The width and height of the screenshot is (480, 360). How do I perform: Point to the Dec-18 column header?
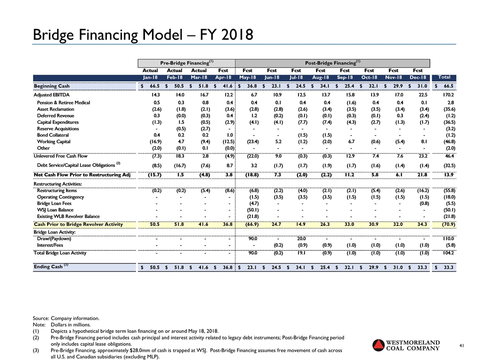pyautogui.click(x=417, y=77)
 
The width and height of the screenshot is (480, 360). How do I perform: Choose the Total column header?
pyautogui.click(x=444, y=77)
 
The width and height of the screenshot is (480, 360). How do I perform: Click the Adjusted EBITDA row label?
pyautogui.click(x=52, y=94)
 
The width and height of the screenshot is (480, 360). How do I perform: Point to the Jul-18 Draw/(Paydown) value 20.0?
pyautogui.click(x=299, y=239)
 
